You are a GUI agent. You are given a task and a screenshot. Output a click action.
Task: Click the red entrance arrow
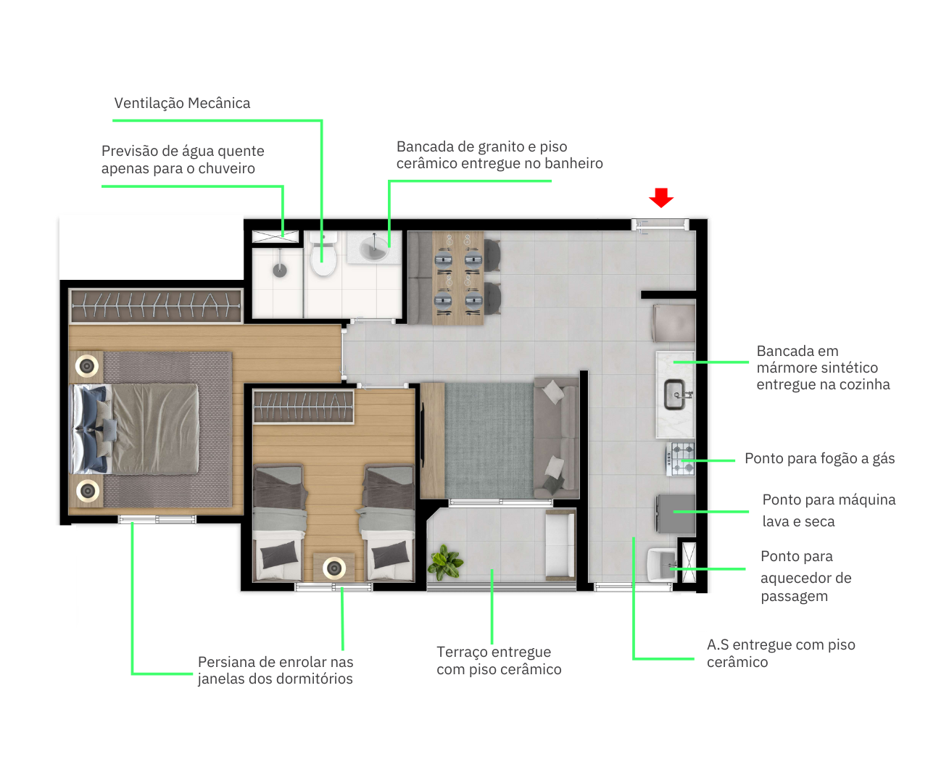pos(661,197)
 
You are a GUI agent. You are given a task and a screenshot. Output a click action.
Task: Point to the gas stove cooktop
pos(680,459)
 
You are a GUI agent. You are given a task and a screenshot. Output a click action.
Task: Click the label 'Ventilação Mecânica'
pos(182,103)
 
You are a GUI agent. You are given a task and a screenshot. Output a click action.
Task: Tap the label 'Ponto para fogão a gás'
pos(819,459)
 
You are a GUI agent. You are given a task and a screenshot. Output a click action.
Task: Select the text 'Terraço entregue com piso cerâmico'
pos(499,660)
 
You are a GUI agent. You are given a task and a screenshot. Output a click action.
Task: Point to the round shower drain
pos(280,270)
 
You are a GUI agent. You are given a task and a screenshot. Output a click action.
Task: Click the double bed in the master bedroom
pos(136,428)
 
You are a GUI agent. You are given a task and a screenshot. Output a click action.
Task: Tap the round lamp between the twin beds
pos(334,568)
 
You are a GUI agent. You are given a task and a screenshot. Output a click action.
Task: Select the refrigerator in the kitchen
pos(674,323)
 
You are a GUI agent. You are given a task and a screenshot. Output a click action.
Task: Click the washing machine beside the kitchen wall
pos(676,514)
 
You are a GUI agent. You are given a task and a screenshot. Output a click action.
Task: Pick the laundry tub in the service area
pos(662,564)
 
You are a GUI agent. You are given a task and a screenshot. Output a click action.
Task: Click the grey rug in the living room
pos(489,440)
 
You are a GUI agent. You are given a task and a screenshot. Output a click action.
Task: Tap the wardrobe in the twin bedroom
pos(304,407)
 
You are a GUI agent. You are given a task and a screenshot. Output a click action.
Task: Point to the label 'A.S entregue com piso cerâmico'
pos(781,653)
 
